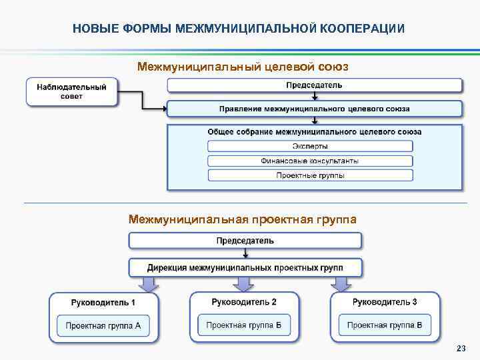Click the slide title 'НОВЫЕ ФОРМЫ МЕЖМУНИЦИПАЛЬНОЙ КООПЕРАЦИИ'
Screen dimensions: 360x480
tap(238, 29)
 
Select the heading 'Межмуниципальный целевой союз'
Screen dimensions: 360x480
tap(242, 67)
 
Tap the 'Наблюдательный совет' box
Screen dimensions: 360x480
tap(71, 91)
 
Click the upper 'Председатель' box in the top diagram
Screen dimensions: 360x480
tap(314, 85)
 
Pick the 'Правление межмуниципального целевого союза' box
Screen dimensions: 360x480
tap(314, 108)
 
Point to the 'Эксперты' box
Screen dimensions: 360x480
tap(310, 146)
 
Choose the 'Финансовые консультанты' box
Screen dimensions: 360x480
tap(310, 161)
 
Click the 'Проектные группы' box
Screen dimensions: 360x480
tap(310, 175)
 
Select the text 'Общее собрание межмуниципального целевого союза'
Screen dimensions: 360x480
tap(314, 132)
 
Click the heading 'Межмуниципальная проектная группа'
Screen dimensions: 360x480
tap(242, 219)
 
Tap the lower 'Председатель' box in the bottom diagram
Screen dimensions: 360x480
tap(245, 240)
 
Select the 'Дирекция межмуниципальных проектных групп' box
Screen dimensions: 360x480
tap(245, 268)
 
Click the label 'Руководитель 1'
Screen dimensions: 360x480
tap(103, 303)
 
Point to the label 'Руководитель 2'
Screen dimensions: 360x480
tap(244, 303)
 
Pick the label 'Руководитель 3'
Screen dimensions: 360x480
tap(385, 303)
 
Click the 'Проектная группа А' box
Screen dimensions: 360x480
tap(103, 326)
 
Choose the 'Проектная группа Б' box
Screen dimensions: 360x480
tap(244, 326)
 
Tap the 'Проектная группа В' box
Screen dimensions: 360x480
tap(385, 326)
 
